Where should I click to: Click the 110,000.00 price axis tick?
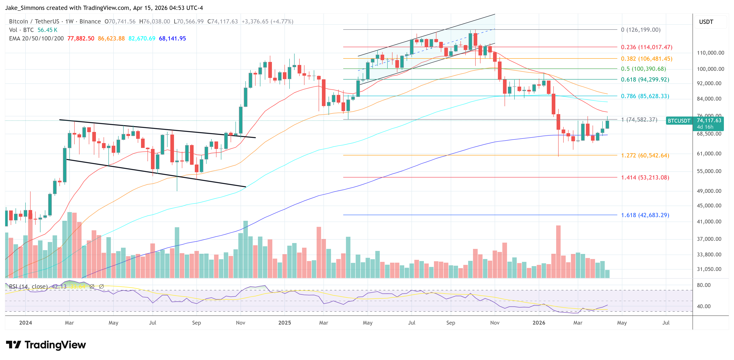click(710, 53)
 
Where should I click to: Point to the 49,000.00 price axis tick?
click(709, 191)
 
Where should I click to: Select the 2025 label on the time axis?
click(284, 323)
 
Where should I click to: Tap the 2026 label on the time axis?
click(539, 323)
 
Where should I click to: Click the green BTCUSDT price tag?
click(679, 121)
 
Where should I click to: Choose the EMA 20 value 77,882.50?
click(81, 38)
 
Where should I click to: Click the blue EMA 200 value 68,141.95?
click(172, 38)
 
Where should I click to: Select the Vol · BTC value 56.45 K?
click(47, 30)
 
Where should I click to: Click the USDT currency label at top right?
click(706, 22)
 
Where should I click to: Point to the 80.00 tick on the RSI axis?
click(703, 285)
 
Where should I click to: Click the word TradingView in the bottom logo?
click(55, 345)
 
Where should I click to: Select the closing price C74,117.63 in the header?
click(222, 21)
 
